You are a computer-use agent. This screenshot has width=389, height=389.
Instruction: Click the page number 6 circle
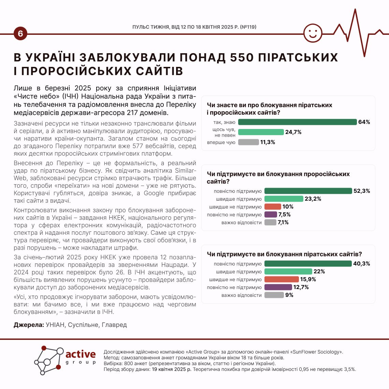click(x=20, y=34)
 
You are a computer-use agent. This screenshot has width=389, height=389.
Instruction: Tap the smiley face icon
click(x=313, y=33)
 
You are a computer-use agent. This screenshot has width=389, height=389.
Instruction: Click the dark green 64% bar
click(x=297, y=122)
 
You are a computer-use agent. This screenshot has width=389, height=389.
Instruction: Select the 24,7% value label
click(x=293, y=132)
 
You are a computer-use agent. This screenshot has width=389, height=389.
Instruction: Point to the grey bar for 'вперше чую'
click(x=248, y=142)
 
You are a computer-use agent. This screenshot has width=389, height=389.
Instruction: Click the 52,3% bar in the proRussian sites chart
click(x=308, y=191)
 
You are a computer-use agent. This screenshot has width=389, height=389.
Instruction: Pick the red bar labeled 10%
click(x=272, y=207)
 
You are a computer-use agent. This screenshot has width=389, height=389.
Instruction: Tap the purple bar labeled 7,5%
click(x=271, y=215)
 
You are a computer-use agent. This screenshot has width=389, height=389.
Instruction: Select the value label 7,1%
click(x=283, y=222)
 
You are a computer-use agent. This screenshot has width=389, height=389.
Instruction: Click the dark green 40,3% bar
click(x=308, y=264)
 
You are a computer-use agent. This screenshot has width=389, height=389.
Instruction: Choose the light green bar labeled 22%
click(x=288, y=272)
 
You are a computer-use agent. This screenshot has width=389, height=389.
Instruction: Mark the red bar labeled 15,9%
click(x=282, y=279)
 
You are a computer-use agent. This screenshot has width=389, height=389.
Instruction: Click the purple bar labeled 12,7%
click(x=278, y=287)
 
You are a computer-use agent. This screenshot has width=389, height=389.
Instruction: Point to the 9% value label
click(x=289, y=295)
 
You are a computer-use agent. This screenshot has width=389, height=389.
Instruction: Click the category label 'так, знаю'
click(x=224, y=122)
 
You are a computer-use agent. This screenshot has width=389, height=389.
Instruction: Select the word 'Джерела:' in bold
click(x=29, y=325)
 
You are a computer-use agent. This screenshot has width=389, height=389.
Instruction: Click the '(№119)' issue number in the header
click(x=248, y=27)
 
